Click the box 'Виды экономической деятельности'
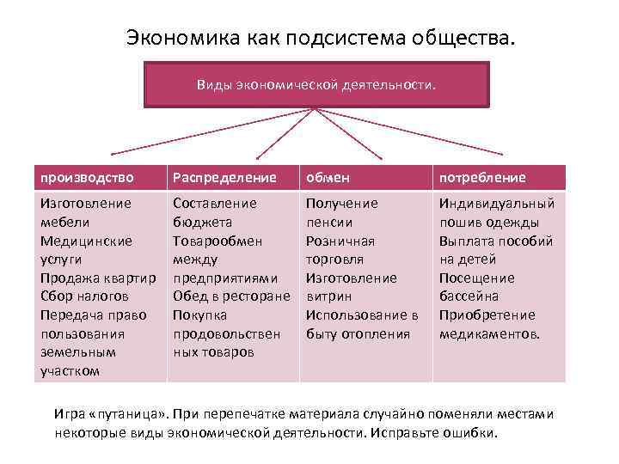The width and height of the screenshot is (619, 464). tap(316, 85)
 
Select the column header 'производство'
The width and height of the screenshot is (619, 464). tap(87, 178)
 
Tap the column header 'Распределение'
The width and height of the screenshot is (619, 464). tap(224, 178)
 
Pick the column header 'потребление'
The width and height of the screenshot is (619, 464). tap(482, 178)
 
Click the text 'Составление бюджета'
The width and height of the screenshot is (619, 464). tap(215, 212)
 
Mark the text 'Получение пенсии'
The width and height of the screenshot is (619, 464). tap(341, 212)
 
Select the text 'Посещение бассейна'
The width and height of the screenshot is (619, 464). tap(477, 287)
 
